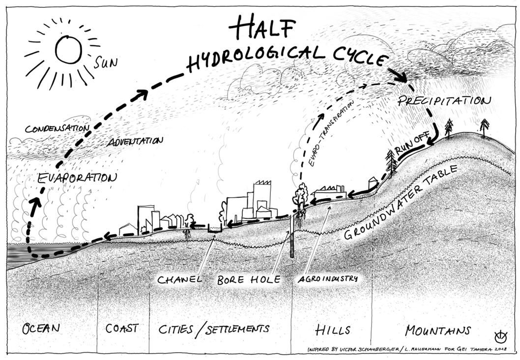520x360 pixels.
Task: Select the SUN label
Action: coord(106,62)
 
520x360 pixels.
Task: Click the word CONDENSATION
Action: coord(57,128)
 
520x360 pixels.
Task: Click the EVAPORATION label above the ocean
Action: coord(77,178)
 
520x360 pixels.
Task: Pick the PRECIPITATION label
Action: coord(444,100)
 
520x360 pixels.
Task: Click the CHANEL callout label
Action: coord(179,279)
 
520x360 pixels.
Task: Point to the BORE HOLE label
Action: coord(249,279)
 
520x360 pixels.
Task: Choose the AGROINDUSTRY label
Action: coord(328,279)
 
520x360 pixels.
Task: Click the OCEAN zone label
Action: coord(41,329)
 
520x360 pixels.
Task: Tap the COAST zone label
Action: coord(122,329)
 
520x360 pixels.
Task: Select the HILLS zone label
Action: coord(332,330)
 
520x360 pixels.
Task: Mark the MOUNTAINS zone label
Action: coord(438,330)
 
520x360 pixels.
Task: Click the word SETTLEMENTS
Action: coord(237,329)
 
